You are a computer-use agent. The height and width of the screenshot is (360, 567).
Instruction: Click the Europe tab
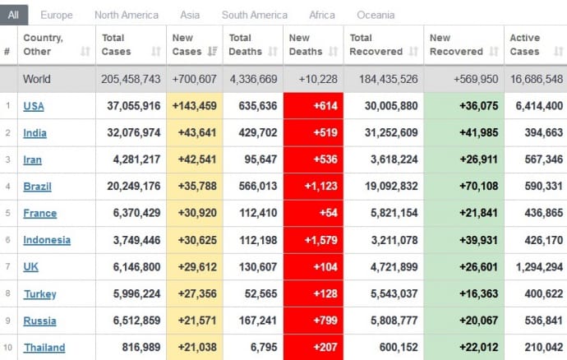(56, 15)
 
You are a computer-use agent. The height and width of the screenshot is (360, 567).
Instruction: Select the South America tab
(255, 15)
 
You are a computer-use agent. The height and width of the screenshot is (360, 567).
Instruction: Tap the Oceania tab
(376, 15)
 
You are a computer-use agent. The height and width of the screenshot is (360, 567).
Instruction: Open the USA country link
(34, 106)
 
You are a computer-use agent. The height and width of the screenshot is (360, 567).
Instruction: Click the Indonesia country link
(47, 240)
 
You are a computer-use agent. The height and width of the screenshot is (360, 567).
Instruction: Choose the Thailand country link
(44, 347)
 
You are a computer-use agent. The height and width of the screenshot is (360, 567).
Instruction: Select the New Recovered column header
(456, 44)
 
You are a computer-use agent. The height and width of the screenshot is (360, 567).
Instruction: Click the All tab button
(14, 15)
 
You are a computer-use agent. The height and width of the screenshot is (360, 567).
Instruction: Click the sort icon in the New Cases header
(212, 52)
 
